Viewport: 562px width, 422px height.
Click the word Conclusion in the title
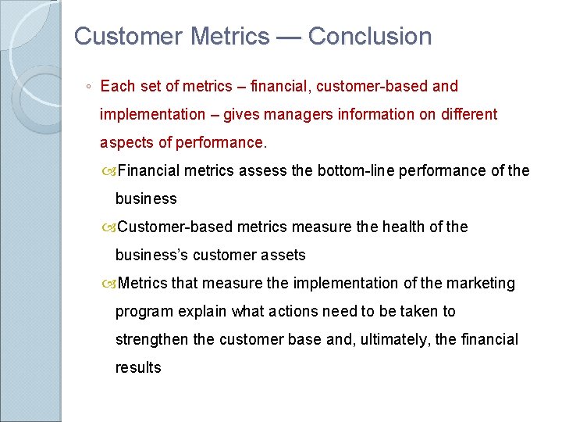(x=369, y=36)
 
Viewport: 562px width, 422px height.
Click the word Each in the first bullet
(x=116, y=86)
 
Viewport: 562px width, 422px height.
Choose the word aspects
(x=126, y=142)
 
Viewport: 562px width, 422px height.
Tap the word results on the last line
(x=138, y=367)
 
